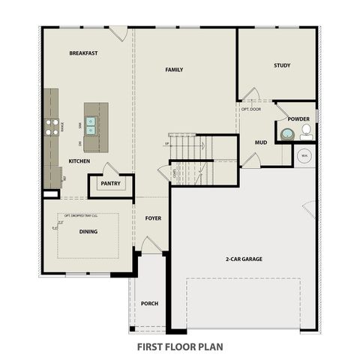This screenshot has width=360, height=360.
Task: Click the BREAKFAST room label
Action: click(84, 53)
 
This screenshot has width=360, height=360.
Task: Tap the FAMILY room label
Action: click(174, 70)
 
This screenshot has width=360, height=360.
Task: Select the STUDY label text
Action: click(282, 65)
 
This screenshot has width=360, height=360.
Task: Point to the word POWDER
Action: click(298, 118)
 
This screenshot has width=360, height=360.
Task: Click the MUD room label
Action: click(260, 142)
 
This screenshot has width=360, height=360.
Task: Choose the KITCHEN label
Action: click(79, 161)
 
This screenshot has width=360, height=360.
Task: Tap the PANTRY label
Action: click(110, 183)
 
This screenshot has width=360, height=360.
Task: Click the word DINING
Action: click(88, 232)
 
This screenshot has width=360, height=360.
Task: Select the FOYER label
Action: click(153, 218)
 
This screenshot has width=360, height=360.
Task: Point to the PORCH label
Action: click(149, 304)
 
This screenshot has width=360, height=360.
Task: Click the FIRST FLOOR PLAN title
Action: click(180, 347)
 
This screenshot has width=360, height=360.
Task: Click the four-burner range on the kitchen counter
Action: click(51, 127)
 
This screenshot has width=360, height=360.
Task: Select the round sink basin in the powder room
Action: click(286, 135)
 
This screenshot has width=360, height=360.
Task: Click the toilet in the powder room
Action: click(306, 133)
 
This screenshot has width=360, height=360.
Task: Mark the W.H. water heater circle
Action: click(304, 155)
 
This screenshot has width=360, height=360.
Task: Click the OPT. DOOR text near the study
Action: click(250, 109)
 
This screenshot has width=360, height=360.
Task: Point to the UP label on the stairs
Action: click(166, 143)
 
